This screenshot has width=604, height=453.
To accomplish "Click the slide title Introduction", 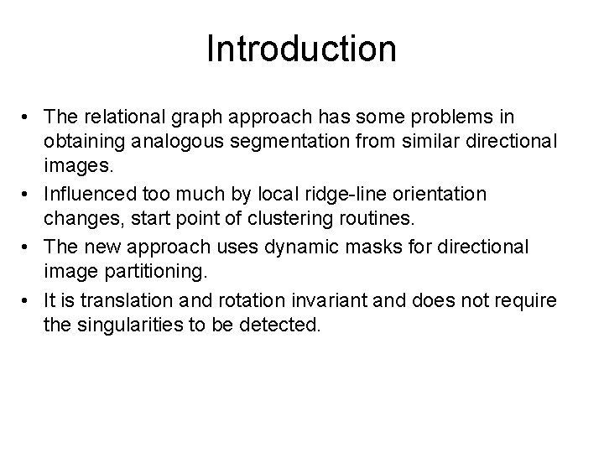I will tap(301, 49).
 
